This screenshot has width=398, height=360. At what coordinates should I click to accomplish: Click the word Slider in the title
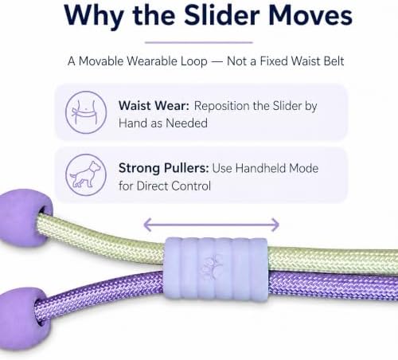click(222, 15)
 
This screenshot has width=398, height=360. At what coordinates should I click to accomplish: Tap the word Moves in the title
click(310, 15)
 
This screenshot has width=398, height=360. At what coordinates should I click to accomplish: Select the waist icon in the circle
click(86, 112)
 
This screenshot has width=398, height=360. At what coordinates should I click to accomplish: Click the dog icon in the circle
click(86, 174)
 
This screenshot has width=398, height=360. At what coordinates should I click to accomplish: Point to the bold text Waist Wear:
click(154, 106)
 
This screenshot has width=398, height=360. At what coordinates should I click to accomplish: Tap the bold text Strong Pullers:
click(164, 168)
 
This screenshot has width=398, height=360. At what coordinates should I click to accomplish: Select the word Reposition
click(222, 106)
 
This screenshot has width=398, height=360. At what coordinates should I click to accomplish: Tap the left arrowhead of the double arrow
click(147, 225)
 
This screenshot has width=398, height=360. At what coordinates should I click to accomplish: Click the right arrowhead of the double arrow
click(275, 225)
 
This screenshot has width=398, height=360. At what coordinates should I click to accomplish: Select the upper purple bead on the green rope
click(25, 217)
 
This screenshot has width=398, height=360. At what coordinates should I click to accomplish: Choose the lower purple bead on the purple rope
click(22, 319)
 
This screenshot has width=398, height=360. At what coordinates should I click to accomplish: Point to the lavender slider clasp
click(217, 268)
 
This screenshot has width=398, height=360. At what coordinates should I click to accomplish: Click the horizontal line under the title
click(199, 42)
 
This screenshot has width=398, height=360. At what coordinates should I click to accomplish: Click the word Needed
click(186, 123)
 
